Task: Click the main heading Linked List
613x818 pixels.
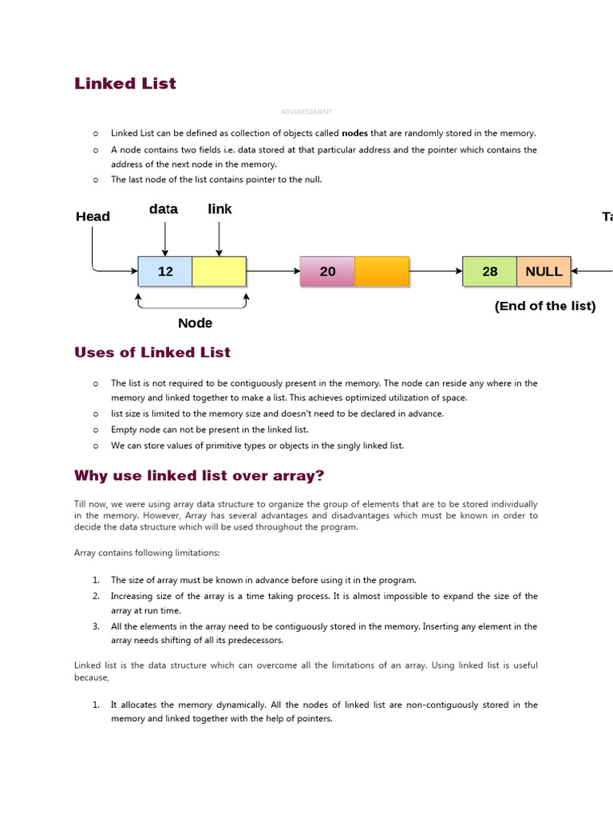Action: coord(125,84)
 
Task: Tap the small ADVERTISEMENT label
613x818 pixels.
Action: coord(306,112)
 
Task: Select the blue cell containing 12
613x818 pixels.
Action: coord(165,272)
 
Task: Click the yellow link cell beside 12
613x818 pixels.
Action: coord(219,272)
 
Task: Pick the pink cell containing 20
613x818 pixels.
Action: coord(327,272)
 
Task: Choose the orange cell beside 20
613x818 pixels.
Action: coord(382,272)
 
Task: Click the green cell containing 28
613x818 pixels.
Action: coord(490,272)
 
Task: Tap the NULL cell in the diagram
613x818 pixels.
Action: coord(544,272)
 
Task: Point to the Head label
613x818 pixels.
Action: coord(93,216)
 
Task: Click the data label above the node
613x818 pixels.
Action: coord(164,209)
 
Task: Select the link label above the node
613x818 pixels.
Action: coord(219,209)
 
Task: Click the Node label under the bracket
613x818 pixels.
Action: coord(195,323)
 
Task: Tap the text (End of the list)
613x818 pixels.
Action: coord(545,306)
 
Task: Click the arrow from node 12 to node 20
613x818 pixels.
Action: coord(273,272)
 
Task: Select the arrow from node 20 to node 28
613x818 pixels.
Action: coord(436,272)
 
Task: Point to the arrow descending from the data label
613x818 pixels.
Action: coord(165,238)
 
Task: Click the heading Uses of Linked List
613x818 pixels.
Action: coord(152,352)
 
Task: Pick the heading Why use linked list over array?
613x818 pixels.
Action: coord(200,476)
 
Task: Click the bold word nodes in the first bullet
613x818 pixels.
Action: coord(354,133)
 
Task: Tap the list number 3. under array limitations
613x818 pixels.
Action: coord(96,626)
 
